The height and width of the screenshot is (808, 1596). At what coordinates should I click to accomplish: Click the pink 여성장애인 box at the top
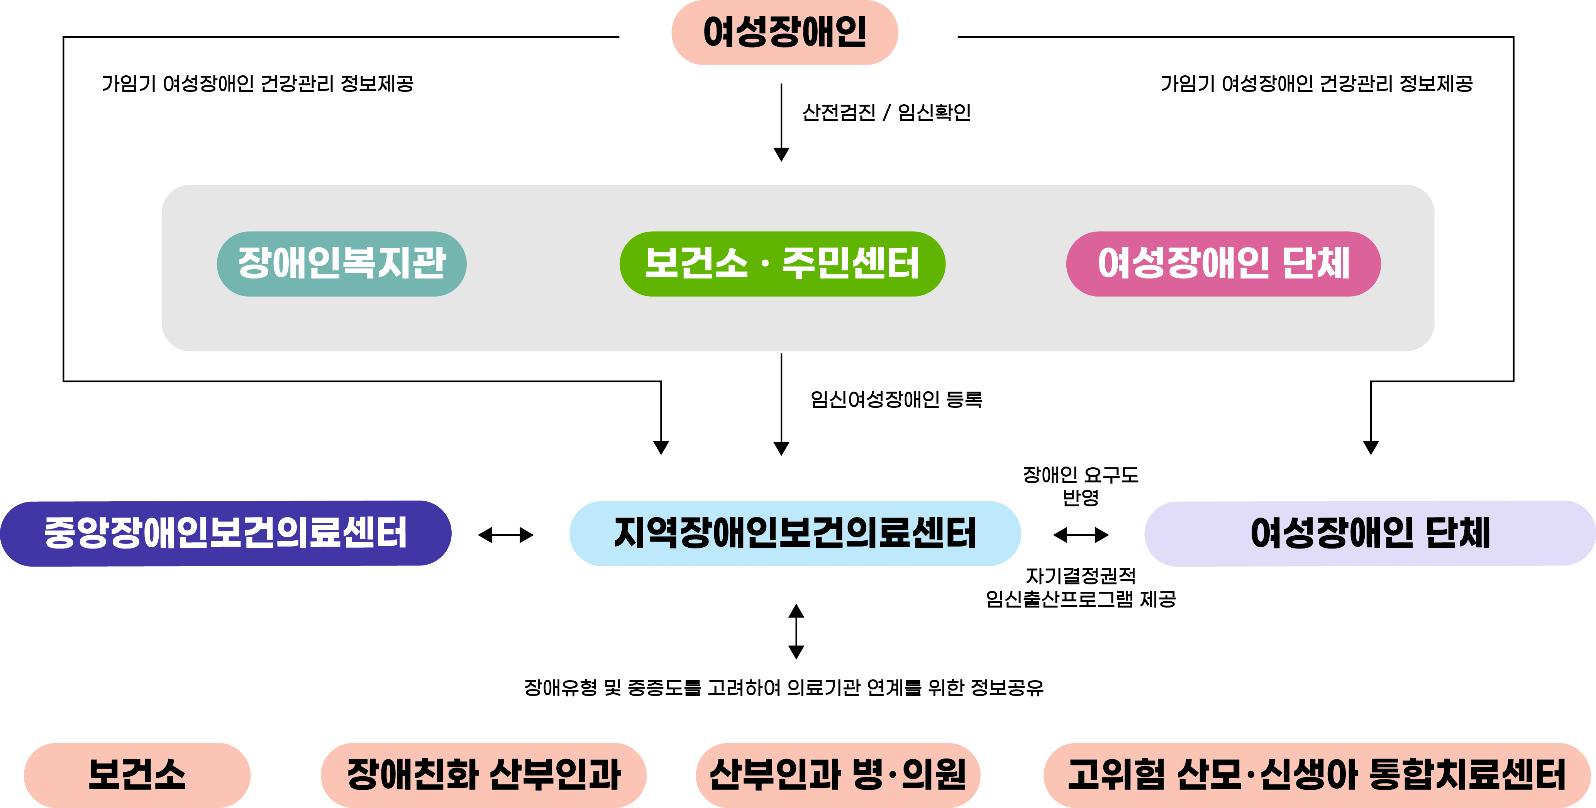[x=784, y=32]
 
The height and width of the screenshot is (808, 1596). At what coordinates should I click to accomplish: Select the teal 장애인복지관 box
[x=341, y=263]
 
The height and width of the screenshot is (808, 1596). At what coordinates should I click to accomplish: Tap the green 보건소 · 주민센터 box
[x=782, y=263]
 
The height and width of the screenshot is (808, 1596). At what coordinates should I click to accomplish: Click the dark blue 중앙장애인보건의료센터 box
[x=225, y=533]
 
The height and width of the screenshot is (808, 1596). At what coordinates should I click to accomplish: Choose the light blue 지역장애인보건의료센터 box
[x=794, y=533]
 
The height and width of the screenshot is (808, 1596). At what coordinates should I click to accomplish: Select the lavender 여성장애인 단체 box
[x=1369, y=533]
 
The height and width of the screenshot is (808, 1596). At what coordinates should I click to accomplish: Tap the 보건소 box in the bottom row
[x=137, y=774]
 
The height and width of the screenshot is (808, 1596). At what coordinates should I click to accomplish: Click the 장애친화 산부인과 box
[x=483, y=774]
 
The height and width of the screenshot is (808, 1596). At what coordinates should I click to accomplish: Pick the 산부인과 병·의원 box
[x=838, y=774]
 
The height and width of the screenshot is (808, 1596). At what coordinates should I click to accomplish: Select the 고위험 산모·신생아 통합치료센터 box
[x=1316, y=774]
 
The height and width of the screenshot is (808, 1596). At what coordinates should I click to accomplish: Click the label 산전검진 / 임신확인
[x=886, y=112]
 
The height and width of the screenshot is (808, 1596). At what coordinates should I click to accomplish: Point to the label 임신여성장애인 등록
[x=896, y=399]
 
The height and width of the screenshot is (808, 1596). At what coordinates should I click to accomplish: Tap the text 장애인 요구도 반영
[x=1081, y=486]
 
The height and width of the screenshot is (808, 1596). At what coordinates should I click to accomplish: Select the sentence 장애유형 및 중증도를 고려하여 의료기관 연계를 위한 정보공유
[x=784, y=687]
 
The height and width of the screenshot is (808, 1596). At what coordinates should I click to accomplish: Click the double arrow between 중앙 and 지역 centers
[x=506, y=535]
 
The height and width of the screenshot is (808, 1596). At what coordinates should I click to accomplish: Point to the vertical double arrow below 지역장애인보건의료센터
[x=796, y=631]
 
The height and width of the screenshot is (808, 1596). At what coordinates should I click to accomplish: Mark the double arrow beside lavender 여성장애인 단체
[x=1081, y=535]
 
